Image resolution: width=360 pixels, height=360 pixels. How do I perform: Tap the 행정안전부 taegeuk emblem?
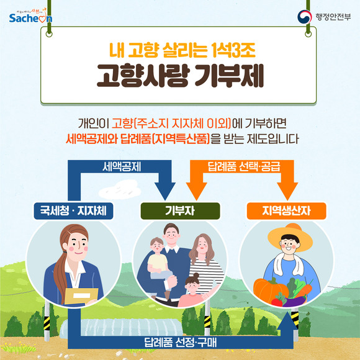click(304, 17)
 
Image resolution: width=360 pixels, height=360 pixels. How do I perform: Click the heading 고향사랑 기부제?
click(180, 76)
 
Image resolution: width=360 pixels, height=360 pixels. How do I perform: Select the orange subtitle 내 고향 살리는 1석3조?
click(182, 50)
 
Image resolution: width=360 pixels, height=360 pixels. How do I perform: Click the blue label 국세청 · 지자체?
click(73, 211)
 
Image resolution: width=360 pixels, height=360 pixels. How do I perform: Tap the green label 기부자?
click(180, 211)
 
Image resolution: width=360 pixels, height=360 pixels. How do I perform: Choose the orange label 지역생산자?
click(286, 211)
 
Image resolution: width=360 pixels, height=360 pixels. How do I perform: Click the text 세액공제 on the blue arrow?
click(122, 167)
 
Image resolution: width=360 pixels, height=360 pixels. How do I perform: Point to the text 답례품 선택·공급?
click(244, 167)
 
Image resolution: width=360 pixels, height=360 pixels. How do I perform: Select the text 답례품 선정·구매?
click(181, 343)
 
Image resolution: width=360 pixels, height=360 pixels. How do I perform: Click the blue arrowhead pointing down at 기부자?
click(165, 191)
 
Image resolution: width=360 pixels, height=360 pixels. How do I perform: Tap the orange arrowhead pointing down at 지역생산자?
click(287, 191)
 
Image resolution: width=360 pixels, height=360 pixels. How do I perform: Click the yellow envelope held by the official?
click(81, 296)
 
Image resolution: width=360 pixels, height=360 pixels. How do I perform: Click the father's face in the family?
click(171, 236)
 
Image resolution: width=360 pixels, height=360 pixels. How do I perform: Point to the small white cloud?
click(120, 190)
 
